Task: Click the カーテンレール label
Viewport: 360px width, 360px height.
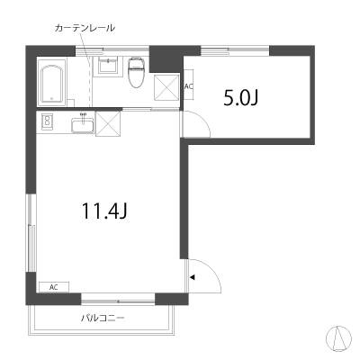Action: pyautogui.click(x=85, y=28)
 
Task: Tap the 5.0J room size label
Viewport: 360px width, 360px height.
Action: pyautogui.click(x=240, y=98)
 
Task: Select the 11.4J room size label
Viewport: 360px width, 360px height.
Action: pyautogui.click(x=105, y=211)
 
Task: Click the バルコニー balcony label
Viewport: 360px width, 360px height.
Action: pyautogui.click(x=103, y=318)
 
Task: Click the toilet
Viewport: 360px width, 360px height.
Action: pyautogui.click(x=137, y=73)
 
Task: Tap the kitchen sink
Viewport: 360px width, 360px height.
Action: pyautogui.click(x=83, y=125)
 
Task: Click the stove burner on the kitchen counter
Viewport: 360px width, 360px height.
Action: pyautogui.click(x=47, y=121)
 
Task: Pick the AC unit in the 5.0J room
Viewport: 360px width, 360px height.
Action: pyautogui.click(x=188, y=86)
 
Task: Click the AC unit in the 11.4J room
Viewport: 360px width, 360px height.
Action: pyautogui.click(x=54, y=287)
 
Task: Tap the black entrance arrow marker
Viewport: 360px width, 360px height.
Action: pyautogui.click(x=193, y=277)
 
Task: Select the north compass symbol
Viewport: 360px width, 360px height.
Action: pyautogui.click(x=338, y=338)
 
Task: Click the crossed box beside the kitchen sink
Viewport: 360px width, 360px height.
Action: pyautogui.click(x=108, y=123)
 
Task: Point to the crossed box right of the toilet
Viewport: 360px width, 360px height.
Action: pyautogui.click(x=166, y=87)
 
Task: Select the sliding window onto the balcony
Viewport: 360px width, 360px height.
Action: pyautogui.click(x=118, y=300)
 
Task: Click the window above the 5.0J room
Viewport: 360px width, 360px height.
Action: pyautogui.click(x=235, y=50)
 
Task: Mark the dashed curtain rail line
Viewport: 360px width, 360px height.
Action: pyautogui.click(x=89, y=77)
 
